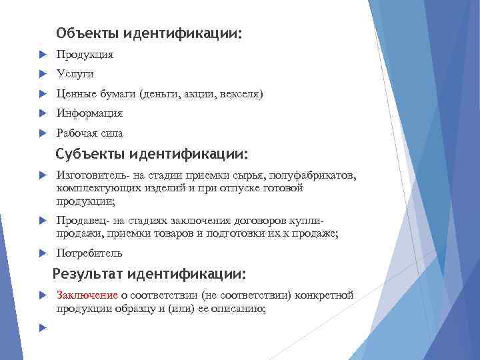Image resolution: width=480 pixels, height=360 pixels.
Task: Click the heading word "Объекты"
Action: (x=83, y=33)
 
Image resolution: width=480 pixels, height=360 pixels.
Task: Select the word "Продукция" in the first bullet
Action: (x=85, y=54)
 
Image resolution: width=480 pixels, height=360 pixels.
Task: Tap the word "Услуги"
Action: (x=75, y=74)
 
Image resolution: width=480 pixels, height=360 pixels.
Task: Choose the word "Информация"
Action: (x=89, y=113)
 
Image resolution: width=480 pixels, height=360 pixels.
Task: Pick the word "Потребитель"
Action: (x=89, y=253)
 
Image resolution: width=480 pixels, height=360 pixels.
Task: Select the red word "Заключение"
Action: (x=87, y=295)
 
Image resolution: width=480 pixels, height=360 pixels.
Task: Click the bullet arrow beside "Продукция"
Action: (x=41, y=54)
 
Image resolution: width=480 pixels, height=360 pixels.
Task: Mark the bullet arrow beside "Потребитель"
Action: (x=41, y=253)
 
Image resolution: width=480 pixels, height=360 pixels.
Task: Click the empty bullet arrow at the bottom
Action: (x=41, y=328)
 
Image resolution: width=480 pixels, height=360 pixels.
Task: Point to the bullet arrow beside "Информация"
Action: (x=41, y=113)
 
